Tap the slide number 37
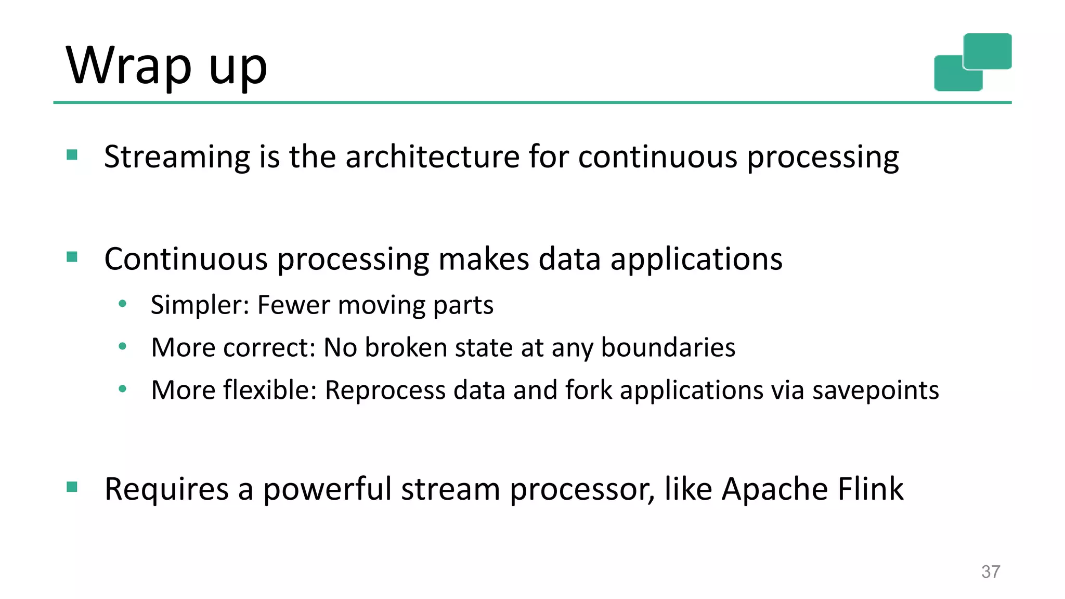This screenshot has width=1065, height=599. point(990,571)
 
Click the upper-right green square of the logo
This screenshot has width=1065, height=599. point(987,51)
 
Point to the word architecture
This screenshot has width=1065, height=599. point(432,157)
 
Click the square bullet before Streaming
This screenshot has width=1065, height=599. point(72,155)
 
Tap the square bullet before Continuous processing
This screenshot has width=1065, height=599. point(72,257)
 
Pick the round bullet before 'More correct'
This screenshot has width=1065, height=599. point(123,346)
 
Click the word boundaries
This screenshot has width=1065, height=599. point(668,347)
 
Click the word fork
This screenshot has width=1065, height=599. point(589,390)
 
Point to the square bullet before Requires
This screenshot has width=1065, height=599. point(72,487)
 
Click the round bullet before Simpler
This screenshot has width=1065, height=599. point(123,304)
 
